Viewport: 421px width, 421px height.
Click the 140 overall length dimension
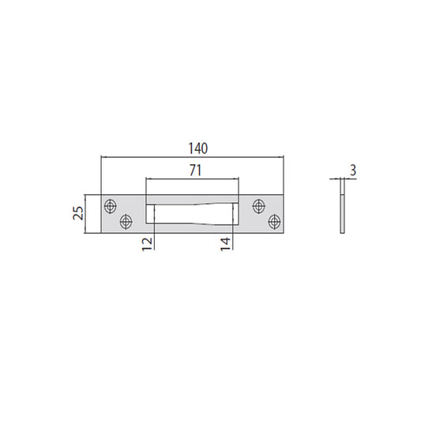[198, 148]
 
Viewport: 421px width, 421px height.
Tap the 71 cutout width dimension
[195, 171]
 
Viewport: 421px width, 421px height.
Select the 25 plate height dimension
[78, 213]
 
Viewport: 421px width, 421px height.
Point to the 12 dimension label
[147, 244]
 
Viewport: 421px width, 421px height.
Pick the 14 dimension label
[225, 244]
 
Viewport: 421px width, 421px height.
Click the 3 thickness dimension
[353, 171]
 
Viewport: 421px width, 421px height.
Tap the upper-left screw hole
[110, 206]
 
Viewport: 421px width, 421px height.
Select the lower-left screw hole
[126, 222]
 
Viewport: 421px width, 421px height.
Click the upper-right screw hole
[259, 206]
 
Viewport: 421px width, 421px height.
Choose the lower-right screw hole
[274, 222]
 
